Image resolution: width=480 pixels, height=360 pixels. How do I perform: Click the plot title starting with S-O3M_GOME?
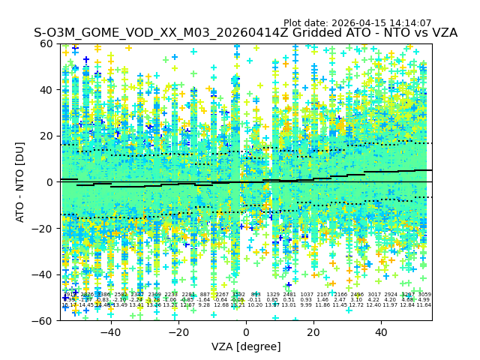[245, 33]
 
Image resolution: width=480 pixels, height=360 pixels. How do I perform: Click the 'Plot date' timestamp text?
[357, 23]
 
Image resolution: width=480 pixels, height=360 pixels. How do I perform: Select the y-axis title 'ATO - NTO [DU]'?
[21, 181]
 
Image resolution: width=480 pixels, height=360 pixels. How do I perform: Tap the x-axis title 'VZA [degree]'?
[246, 346]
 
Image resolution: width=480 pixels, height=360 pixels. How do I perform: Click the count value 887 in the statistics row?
[205, 295]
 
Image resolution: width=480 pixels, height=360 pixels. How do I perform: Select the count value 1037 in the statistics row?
[307, 295]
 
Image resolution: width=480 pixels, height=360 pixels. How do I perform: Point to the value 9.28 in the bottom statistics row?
[204, 305]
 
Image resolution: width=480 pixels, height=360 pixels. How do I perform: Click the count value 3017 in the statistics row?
[373, 295]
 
